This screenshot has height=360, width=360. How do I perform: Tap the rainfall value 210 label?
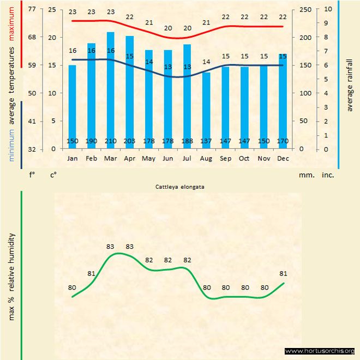pos(110,142)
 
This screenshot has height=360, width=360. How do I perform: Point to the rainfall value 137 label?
pos(206,142)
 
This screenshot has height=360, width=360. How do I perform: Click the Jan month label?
pos(72,158)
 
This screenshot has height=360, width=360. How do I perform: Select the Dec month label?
pos(283,158)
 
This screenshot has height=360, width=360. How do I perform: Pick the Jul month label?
pos(187,158)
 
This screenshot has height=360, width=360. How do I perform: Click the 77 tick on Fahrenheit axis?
pos(32,9)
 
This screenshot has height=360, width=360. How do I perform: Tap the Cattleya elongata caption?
pos(180,187)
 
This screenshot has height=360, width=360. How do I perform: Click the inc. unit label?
pos(327,176)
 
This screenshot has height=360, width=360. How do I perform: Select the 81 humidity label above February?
pos(91,273)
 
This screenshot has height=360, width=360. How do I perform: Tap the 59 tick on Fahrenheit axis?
pos(32,65)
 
